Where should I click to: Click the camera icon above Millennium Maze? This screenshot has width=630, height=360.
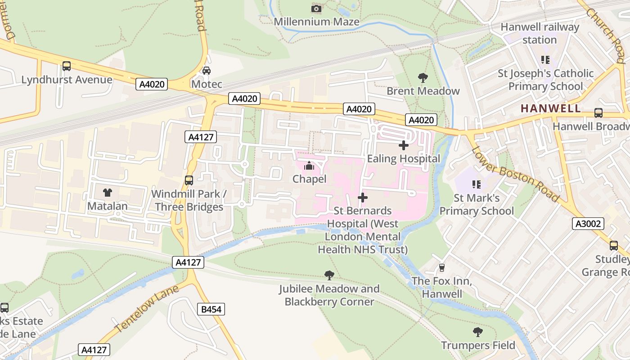[x=316, y=9]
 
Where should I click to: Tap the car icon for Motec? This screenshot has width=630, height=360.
[x=207, y=71]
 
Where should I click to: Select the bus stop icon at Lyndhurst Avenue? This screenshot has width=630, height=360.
[x=67, y=66]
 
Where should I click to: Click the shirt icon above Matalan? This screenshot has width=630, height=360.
[x=107, y=193]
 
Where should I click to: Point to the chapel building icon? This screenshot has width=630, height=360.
[x=309, y=166]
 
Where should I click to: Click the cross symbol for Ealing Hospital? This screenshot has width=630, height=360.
[x=404, y=145]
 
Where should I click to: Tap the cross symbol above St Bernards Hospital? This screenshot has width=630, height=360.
[x=362, y=198]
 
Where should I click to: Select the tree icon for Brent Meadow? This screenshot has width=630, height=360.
[x=423, y=78]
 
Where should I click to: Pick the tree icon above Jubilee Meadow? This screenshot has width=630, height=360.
[x=329, y=275]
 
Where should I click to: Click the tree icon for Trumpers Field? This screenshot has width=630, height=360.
[x=478, y=332]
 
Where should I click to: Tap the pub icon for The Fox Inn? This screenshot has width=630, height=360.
[x=442, y=268]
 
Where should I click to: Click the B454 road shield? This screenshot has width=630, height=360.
[x=211, y=309]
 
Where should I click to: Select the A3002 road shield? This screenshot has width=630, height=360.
[x=588, y=224]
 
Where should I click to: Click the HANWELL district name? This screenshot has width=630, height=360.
[x=551, y=108]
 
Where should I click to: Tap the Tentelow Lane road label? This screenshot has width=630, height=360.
[x=147, y=309]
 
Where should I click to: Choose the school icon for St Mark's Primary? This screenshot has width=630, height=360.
[x=477, y=184]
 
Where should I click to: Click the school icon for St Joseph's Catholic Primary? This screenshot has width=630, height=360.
[x=545, y=60]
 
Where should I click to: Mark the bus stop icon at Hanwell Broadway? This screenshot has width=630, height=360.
[x=598, y=113]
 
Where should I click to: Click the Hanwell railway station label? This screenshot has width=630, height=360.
[x=540, y=33]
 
